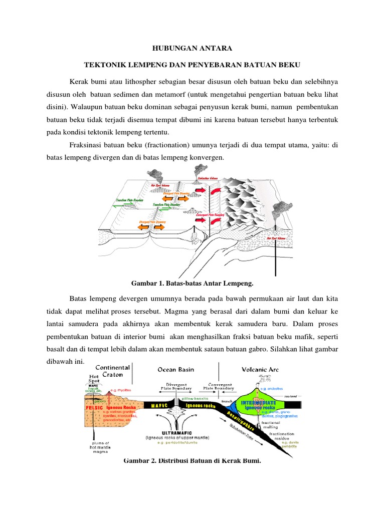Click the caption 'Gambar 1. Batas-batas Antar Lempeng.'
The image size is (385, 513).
pos(192,283)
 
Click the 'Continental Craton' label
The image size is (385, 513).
pos(112,371)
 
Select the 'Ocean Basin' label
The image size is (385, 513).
pos(175,370)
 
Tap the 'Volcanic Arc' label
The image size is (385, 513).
pos(260,370)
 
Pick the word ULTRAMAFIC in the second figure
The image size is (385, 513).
pos(175,432)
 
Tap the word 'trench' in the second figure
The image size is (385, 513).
pos(228,402)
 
